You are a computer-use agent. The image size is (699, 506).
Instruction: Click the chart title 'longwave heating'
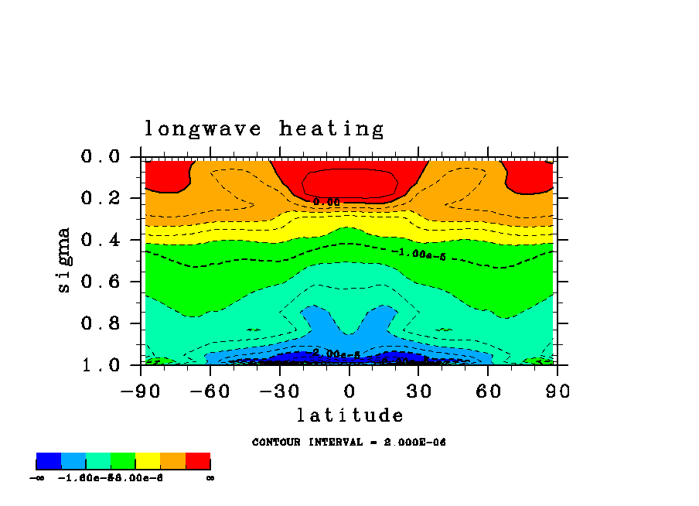(x=264, y=129)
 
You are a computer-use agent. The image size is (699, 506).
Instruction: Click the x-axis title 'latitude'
(x=350, y=415)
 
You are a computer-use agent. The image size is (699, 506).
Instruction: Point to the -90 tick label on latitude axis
(x=141, y=391)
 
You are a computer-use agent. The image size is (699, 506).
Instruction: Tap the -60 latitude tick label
(x=210, y=391)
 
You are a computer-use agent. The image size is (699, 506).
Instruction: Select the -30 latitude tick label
(x=280, y=391)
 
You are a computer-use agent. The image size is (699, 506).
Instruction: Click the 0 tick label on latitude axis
(x=349, y=391)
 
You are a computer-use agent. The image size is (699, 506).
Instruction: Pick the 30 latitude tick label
(x=419, y=391)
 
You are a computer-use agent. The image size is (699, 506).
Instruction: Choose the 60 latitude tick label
(x=489, y=391)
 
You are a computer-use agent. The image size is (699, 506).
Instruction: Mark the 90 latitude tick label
(x=558, y=391)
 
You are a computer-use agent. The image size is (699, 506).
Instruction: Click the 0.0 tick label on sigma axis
(x=101, y=157)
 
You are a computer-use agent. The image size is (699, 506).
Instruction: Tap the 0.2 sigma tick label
(x=101, y=199)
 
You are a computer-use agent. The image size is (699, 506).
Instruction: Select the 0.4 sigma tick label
(x=101, y=241)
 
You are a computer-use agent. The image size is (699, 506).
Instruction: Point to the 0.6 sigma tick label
(x=101, y=282)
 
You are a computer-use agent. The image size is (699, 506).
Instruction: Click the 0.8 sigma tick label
(x=101, y=323)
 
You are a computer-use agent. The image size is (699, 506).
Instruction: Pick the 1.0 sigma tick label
(x=101, y=365)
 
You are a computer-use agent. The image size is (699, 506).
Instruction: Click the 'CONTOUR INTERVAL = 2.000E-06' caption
(x=349, y=443)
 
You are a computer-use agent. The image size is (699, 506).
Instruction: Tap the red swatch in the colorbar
(x=198, y=462)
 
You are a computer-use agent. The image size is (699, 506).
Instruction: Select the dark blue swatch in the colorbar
(x=49, y=462)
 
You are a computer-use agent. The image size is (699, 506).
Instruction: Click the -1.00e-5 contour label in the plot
(x=418, y=253)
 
